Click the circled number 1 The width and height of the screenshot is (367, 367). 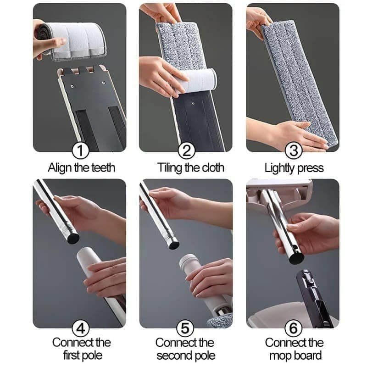click(80, 150)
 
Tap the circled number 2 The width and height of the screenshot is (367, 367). click(187, 150)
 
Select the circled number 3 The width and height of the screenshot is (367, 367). click(294, 150)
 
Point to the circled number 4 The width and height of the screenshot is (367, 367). click(81, 328)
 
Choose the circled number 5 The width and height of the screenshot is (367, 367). click(185, 328)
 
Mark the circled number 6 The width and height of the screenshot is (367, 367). click(294, 328)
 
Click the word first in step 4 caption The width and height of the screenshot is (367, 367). click(71, 355)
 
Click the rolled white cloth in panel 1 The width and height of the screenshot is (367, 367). click(72, 41)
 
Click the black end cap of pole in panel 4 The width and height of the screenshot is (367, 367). click(73, 238)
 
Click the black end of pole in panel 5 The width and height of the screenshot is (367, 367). click(174, 245)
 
